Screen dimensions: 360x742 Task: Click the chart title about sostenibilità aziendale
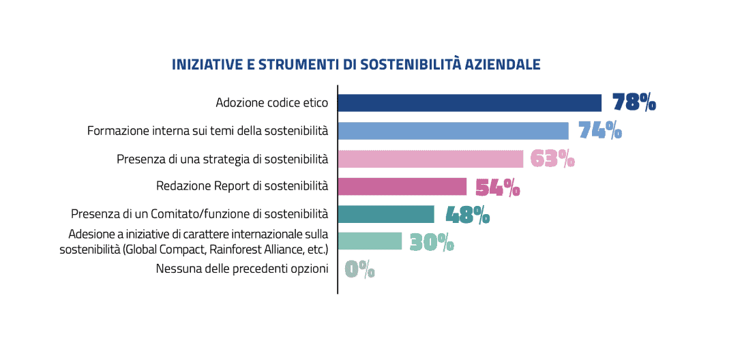356,65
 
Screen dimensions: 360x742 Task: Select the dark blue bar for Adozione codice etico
469,103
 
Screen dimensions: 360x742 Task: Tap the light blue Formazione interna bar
453,131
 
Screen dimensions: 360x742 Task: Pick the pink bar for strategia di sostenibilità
430,159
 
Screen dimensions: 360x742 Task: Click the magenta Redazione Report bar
402,186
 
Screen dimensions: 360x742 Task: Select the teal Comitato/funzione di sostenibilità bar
385,214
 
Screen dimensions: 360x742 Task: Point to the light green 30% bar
370,241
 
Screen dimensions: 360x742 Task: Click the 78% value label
634,102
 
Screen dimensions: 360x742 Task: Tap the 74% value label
599,130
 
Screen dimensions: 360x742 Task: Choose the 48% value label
467,215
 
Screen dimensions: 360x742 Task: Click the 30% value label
432,242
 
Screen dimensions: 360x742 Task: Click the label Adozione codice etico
271,103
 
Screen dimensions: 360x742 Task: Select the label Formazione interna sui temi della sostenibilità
207,130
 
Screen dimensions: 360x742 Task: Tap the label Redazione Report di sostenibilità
242,185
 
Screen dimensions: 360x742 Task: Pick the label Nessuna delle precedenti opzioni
242,269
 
